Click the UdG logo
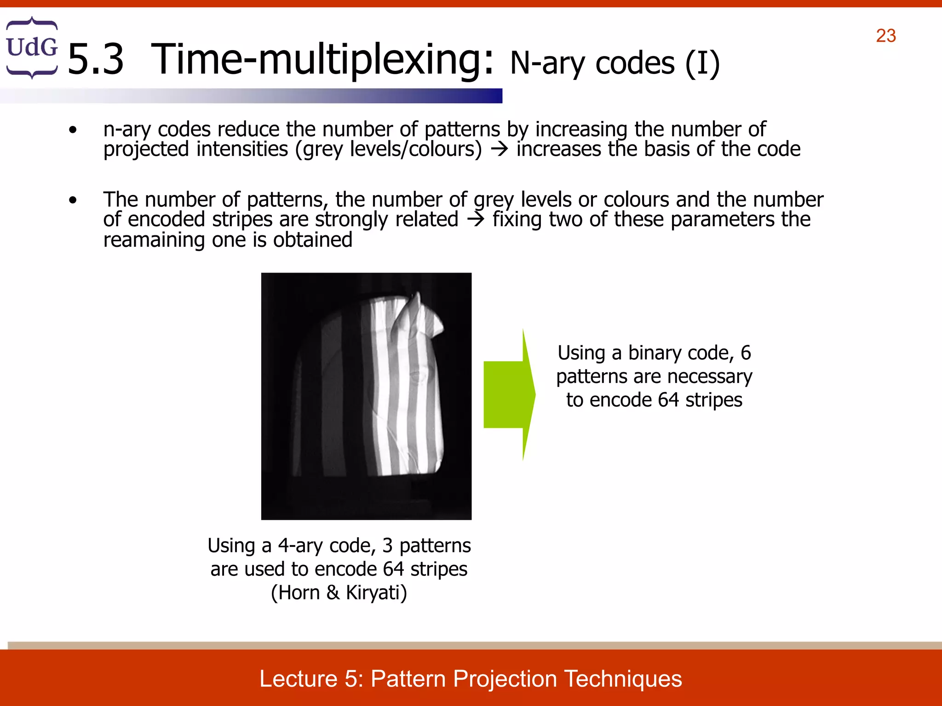coord(32,47)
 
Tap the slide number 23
coord(885,36)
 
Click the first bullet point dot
coord(73,131)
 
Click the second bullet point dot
coord(73,200)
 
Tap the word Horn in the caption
coord(299,593)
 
